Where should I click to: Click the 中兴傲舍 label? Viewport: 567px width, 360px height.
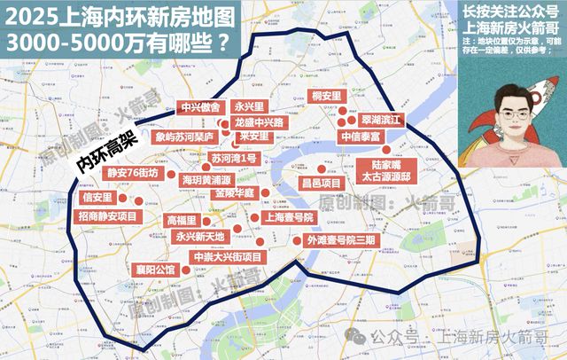(199, 104)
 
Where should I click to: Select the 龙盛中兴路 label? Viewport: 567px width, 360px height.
(259, 121)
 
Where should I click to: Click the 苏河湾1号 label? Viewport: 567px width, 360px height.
(234, 158)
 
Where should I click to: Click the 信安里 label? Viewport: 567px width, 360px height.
(97, 197)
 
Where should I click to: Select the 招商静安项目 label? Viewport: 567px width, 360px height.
(109, 216)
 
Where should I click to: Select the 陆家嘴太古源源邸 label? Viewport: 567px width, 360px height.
(393, 170)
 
